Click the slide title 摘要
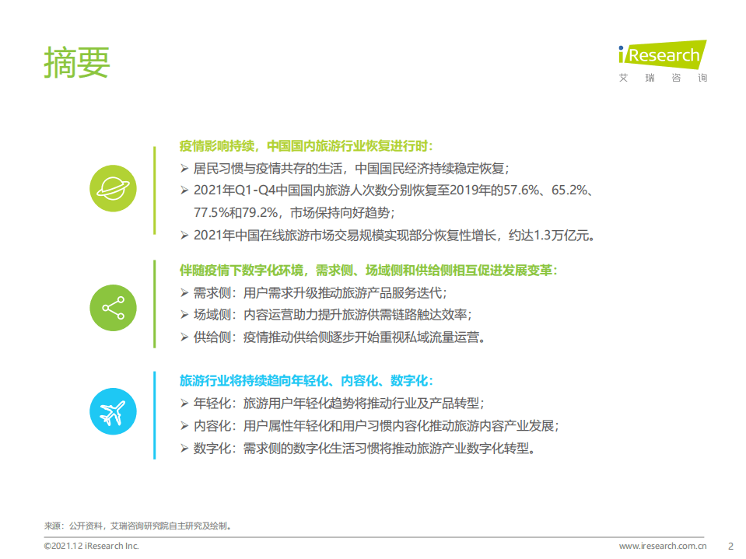tap(77, 62)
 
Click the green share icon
tap(114, 307)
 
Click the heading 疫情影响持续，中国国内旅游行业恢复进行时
tap(306, 146)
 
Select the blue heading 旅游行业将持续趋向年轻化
tap(306, 381)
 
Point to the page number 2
tap(730, 546)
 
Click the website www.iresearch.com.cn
tap(663, 546)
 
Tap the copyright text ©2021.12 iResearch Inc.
tap(91, 546)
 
